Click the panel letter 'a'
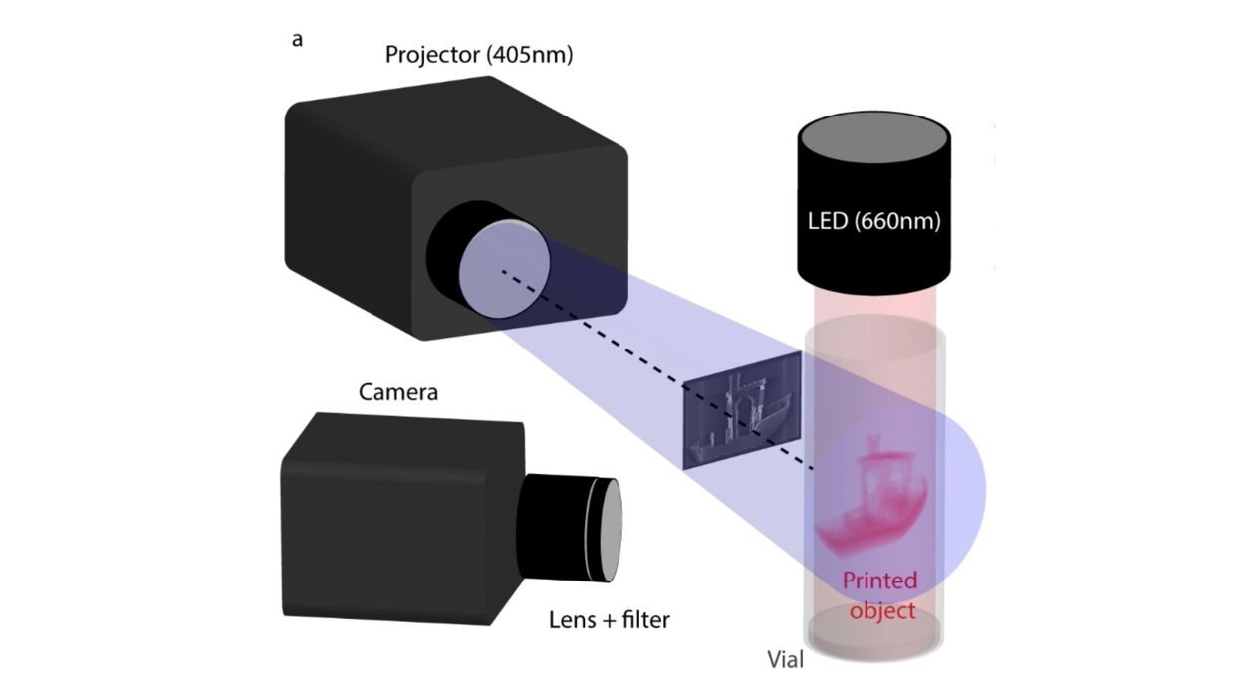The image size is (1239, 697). pos(297,40)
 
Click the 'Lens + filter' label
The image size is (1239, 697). pos(610,620)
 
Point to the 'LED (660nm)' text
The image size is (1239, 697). pos(871,221)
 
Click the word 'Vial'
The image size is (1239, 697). pos(786,659)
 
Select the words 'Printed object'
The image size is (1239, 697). pos(879,594)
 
